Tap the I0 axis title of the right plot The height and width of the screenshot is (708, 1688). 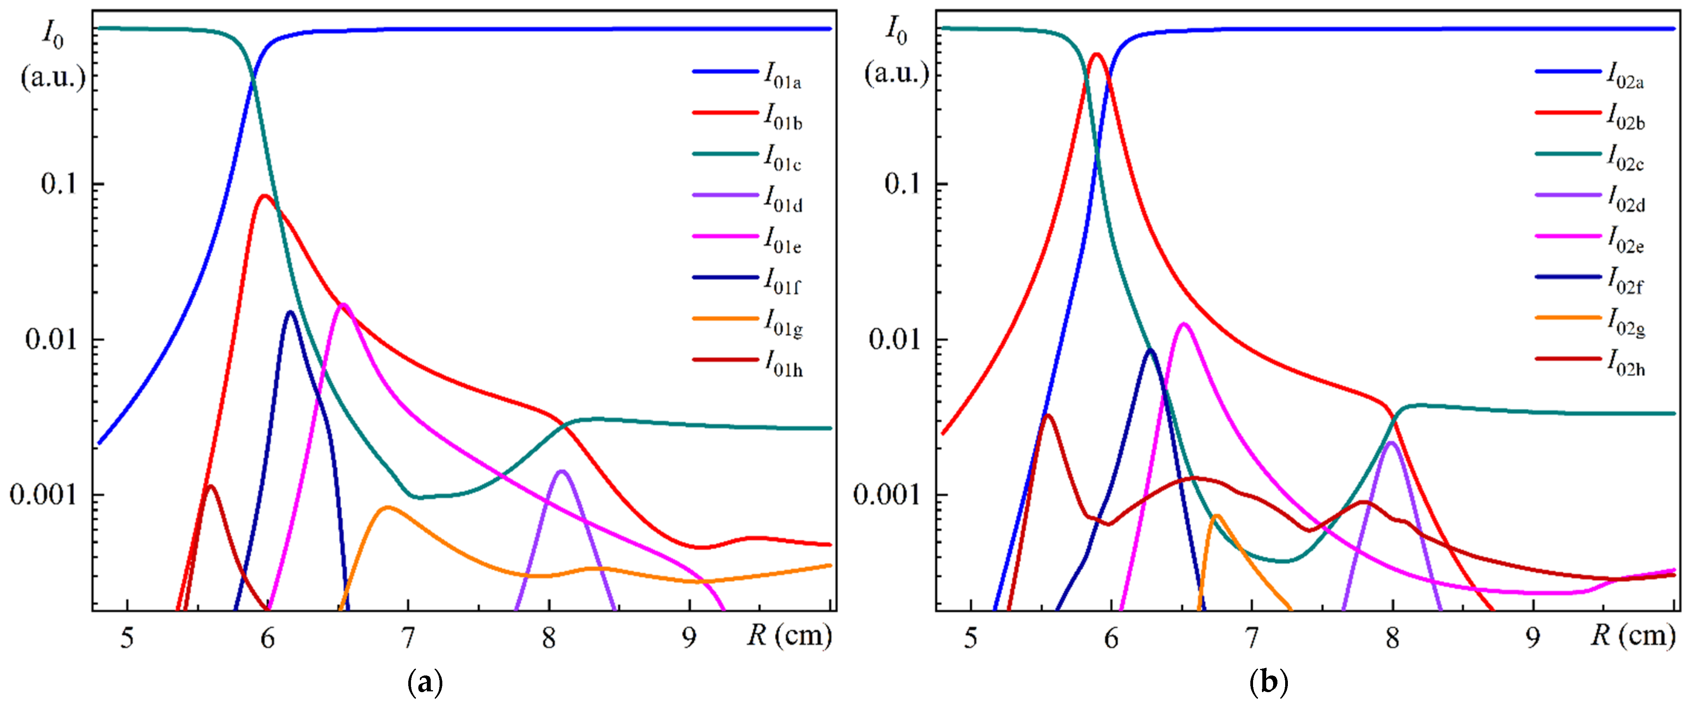pos(896,31)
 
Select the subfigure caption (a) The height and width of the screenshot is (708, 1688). pos(425,683)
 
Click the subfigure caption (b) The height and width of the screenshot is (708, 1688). pos(1269,683)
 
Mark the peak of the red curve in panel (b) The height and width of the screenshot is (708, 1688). pos(1096,55)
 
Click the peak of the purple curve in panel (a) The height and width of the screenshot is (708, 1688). pos(562,471)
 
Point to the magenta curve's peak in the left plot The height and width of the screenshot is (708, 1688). pos(343,304)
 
